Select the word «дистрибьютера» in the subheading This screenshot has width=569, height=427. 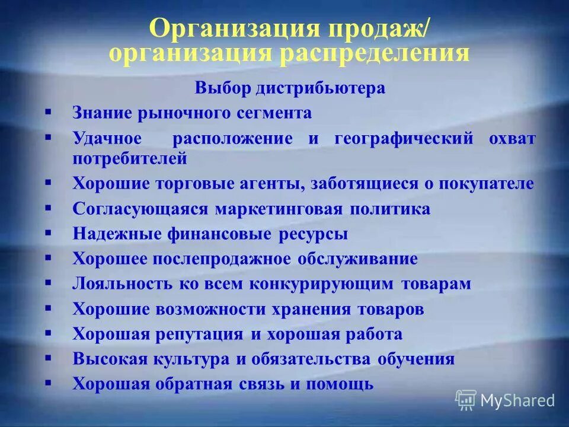pyautogui.click(x=321, y=88)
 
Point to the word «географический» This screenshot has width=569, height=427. pyautogui.click(x=404, y=139)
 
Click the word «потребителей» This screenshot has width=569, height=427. pyautogui.click(x=130, y=158)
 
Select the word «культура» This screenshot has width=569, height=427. pyautogui.click(x=196, y=359)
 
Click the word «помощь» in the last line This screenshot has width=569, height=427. pyautogui.click(x=340, y=384)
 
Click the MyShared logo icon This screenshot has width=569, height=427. pyautogui.click(x=466, y=400)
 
